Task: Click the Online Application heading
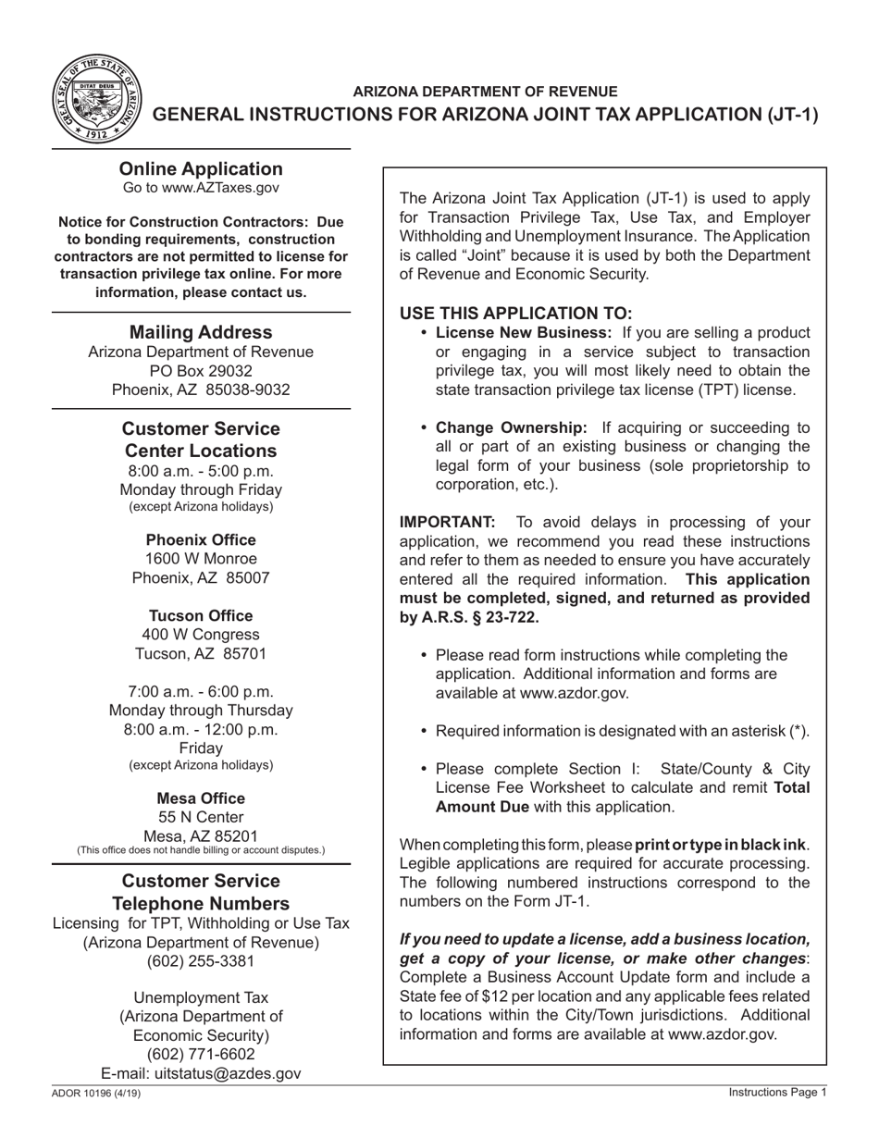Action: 201,168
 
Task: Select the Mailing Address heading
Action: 201,332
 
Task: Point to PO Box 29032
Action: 201,371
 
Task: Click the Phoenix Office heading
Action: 201,540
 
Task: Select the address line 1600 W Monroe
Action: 201,559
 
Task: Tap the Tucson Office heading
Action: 201,616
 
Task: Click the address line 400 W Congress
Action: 201,635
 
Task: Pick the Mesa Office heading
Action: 201,798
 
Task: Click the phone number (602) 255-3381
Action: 201,961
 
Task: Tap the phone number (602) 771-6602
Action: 201,1055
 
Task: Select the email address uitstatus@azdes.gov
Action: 232,1073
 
